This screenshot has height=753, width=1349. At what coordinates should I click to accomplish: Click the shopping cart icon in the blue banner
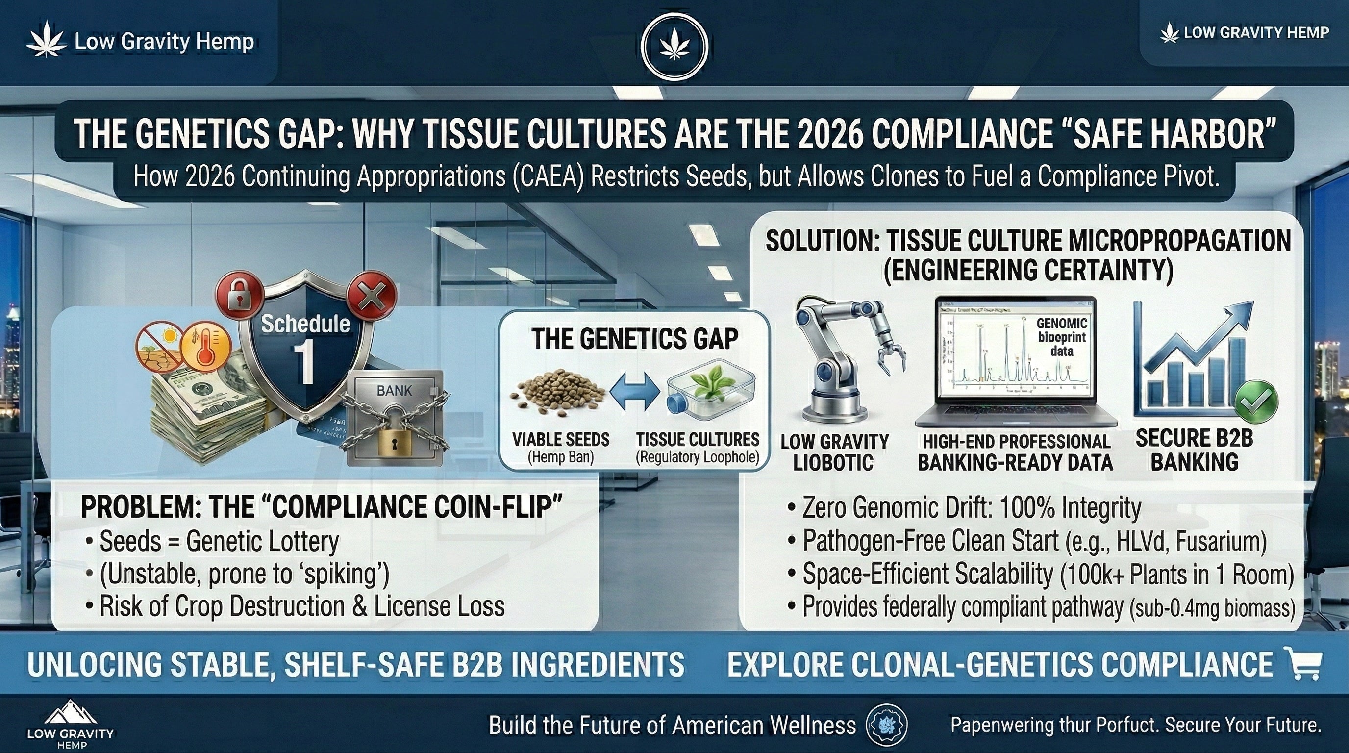pyautogui.click(x=1305, y=663)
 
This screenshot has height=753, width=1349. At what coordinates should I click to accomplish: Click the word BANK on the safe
pyautogui.click(x=394, y=391)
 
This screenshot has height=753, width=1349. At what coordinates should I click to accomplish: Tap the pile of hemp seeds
pyautogui.click(x=558, y=398)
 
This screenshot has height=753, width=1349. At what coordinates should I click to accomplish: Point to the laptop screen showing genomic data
pyautogui.click(x=1016, y=356)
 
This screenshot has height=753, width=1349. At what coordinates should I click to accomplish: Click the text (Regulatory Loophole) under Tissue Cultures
pyautogui.click(x=697, y=458)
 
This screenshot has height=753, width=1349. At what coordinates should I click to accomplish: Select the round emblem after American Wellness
pyautogui.click(x=887, y=725)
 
